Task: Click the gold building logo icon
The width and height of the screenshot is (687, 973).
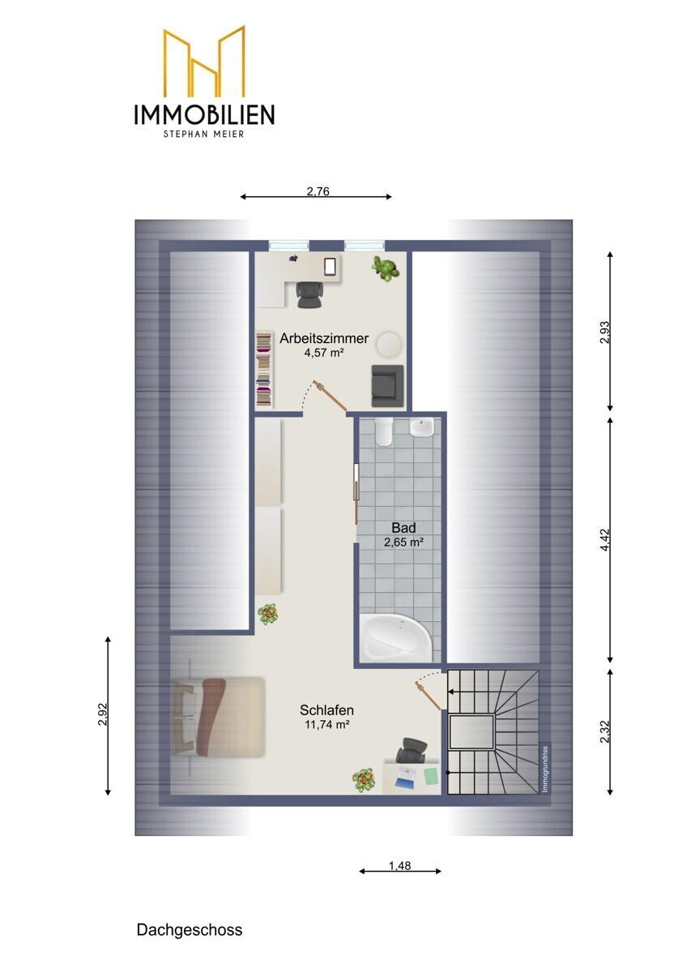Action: click(204, 62)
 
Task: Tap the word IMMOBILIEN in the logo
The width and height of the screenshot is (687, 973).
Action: click(204, 114)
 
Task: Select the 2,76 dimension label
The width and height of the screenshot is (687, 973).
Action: click(317, 192)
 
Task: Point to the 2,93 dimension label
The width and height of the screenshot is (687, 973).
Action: click(604, 332)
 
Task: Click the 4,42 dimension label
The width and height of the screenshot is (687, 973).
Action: click(604, 540)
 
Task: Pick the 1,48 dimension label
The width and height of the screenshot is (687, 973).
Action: click(399, 865)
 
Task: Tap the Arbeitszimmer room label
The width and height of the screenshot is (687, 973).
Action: click(324, 339)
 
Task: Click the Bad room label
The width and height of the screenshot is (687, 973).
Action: click(403, 528)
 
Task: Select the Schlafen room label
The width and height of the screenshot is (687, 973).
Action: click(326, 710)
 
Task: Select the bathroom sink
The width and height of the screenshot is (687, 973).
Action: click(422, 427)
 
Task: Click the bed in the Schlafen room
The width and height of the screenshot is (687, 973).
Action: click(219, 717)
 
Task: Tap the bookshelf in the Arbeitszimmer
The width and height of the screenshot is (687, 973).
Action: click(263, 369)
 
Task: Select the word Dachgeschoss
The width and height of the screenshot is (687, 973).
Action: click(189, 930)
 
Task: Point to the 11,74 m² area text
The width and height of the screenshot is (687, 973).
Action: click(326, 726)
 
